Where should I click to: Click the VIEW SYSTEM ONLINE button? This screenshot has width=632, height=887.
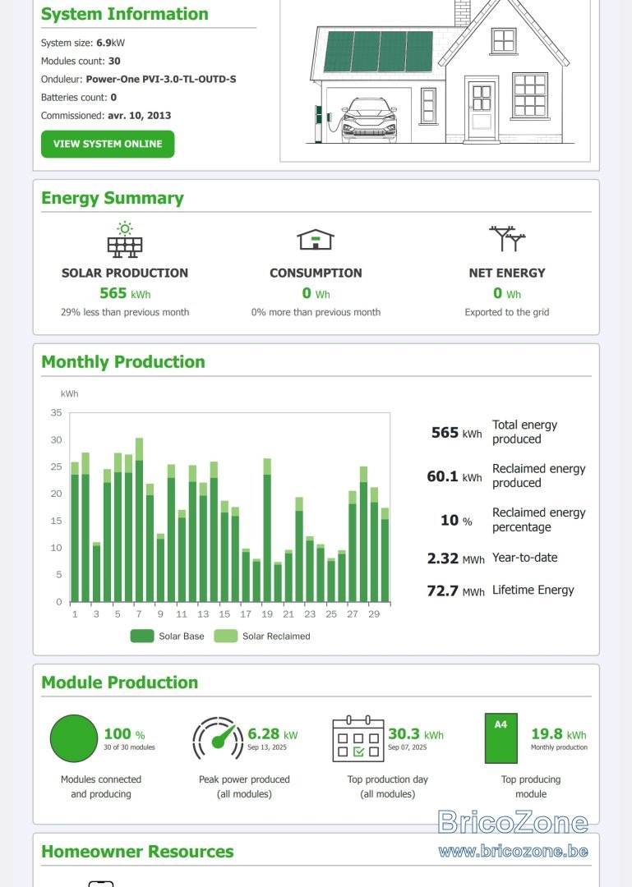pyautogui.click(x=108, y=145)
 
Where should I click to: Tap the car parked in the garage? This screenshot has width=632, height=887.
pyautogui.click(x=367, y=120)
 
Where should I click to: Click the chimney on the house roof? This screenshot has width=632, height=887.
pyautogui.click(x=463, y=12)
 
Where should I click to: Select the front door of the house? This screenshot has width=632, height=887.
pyautogui.click(x=482, y=110)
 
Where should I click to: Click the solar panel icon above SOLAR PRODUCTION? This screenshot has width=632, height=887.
pyautogui.click(x=125, y=240)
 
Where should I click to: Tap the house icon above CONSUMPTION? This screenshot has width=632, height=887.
pyautogui.click(x=316, y=239)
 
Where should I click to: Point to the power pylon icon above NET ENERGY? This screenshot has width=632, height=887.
pyautogui.click(x=507, y=239)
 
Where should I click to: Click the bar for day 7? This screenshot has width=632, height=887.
pyautogui.click(x=140, y=520)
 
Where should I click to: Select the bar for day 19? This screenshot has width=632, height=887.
pyautogui.click(x=267, y=530)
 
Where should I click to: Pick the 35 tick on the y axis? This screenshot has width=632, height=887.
pyautogui.click(x=56, y=413)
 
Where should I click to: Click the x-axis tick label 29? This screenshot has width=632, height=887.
pyautogui.click(x=374, y=614)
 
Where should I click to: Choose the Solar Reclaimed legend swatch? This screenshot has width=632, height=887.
pyautogui.click(x=225, y=637)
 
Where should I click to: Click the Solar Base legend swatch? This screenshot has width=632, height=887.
pyautogui.click(x=141, y=637)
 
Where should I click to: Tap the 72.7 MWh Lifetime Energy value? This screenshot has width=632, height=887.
pyautogui.click(x=455, y=591)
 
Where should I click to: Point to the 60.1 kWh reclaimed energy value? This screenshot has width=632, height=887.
pyautogui.click(x=454, y=477)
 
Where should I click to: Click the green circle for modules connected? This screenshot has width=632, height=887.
pyautogui.click(x=74, y=739)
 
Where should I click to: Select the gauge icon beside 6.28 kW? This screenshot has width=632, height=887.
pyautogui.click(x=218, y=739)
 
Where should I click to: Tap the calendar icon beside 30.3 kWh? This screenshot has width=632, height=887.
pyautogui.click(x=358, y=739)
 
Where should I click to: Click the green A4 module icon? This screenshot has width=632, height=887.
pyautogui.click(x=501, y=738)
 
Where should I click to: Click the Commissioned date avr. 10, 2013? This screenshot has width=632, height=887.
pyautogui.click(x=140, y=116)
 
